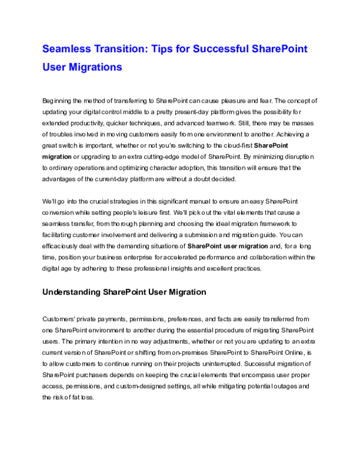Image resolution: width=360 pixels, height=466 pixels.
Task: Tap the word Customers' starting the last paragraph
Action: coord(59,319)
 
